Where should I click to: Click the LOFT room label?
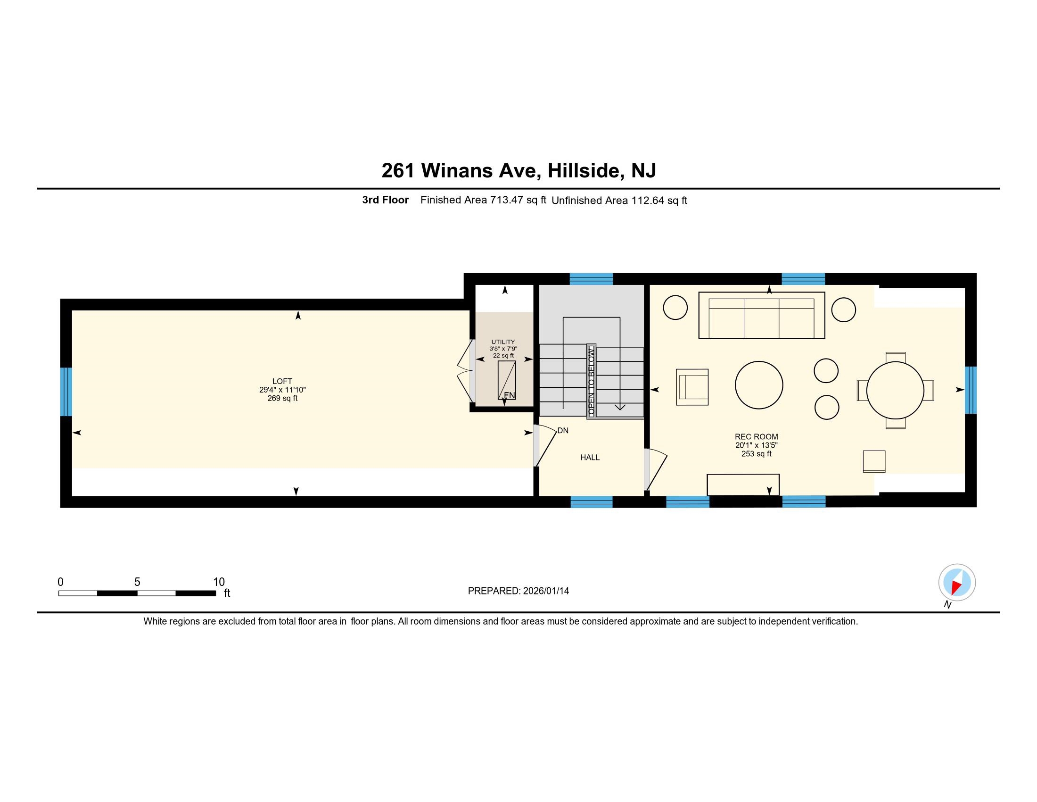pos(282,381)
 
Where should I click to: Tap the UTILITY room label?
pos(503,342)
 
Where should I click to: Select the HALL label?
pos(590,458)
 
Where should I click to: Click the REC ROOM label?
pos(757,437)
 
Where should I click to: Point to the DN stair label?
pos(563,430)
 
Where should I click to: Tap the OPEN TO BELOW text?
pos(591,381)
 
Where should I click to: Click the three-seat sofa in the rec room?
pos(761,315)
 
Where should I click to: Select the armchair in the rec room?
pos(692,387)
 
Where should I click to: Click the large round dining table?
pos(895,390)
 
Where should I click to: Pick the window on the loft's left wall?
pos(66,392)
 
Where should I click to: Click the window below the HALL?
pos(591,502)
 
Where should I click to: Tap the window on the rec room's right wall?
pos(971,390)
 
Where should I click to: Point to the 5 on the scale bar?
pos(137,582)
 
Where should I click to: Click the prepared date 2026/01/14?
pos(545,591)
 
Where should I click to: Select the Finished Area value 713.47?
pos(507,200)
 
